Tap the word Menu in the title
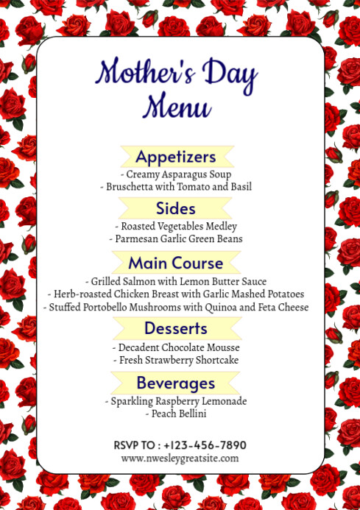pyautogui.click(x=177, y=107)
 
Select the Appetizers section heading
pyautogui.click(x=176, y=157)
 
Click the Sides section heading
pyautogui.click(x=176, y=208)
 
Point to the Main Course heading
pyautogui.click(x=176, y=263)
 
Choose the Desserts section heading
pyautogui.click(x=176, y=328)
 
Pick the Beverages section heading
pyautogui.click(x=176, y=383)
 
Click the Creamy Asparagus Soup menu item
pyautogui.click(x=176, y=174)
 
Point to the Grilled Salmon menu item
pyautogui.click(x=176, y=281)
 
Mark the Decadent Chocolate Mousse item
pyautogui.click(x=176, y=347)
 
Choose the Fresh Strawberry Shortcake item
pyautogui.click(x=176, y=360)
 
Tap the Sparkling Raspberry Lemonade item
pyautogui.click(x=176, y=401)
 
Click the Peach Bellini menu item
pyautogui.click(x=176, y=414)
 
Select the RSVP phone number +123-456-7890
pyautogui.click(x=205, y=445)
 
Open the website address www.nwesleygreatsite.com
pyautogui.click(x=180, y=458)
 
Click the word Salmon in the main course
pyautogui.click(x=141, y=281)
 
